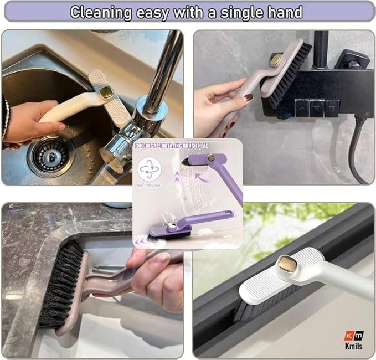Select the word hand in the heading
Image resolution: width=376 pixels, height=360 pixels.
[283, 12]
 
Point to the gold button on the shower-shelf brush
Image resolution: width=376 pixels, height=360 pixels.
[275, 59]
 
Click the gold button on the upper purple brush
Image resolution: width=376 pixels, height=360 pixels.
[211, 158]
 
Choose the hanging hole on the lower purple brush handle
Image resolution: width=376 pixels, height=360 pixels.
[226, 214]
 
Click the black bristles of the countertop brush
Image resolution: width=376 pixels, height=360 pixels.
[60, 282]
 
